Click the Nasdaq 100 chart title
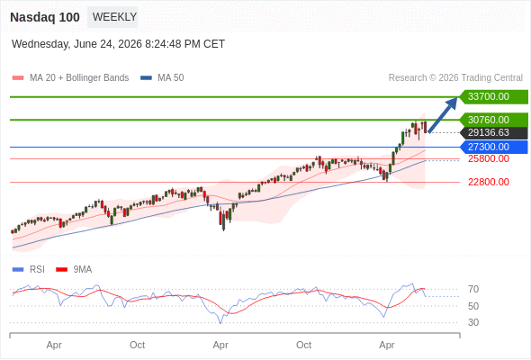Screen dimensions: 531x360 pyautogui.click(x=45, y=17)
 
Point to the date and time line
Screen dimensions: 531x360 pyautogui.click(x=118, y=44)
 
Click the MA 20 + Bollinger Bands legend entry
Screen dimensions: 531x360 pyautogui.click(x=70, y=78)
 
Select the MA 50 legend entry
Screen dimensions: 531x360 pyautogui.click(x=162, y=78)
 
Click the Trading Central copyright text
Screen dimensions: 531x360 pyautogui.click(x=455, y=78)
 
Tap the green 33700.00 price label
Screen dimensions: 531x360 pyautogui.click(x=494, y=97)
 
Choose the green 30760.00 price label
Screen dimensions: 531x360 pyautogui.click(x=494, y=120)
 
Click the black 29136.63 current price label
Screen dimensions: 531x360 pyautogui.click(x=494, y=133)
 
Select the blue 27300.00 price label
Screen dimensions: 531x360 pyautogui.click(x=494, y=147)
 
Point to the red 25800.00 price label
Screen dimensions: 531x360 pyautogui.click(x=489, y=158)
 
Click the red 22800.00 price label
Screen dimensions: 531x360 pyautogui.click(x=489, y=182)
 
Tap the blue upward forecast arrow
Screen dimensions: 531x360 pyautogui.click(x=443, y=115)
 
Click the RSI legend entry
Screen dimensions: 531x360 pyautogui.click(x=29, y=270)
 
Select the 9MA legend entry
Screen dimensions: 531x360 pyautogui.click(x=74, y=270)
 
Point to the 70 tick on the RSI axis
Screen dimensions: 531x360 pyautogui.click(x=473, y=289)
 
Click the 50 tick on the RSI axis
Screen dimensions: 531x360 pyautogui.click(x=473, y=306)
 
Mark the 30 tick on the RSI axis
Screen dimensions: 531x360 pyautogui.click(x=473, y=322)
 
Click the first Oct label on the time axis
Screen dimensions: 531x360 pyautogui.click(x=137, y=345)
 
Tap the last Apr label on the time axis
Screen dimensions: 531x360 pyautogui.click(x=387, y=345)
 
